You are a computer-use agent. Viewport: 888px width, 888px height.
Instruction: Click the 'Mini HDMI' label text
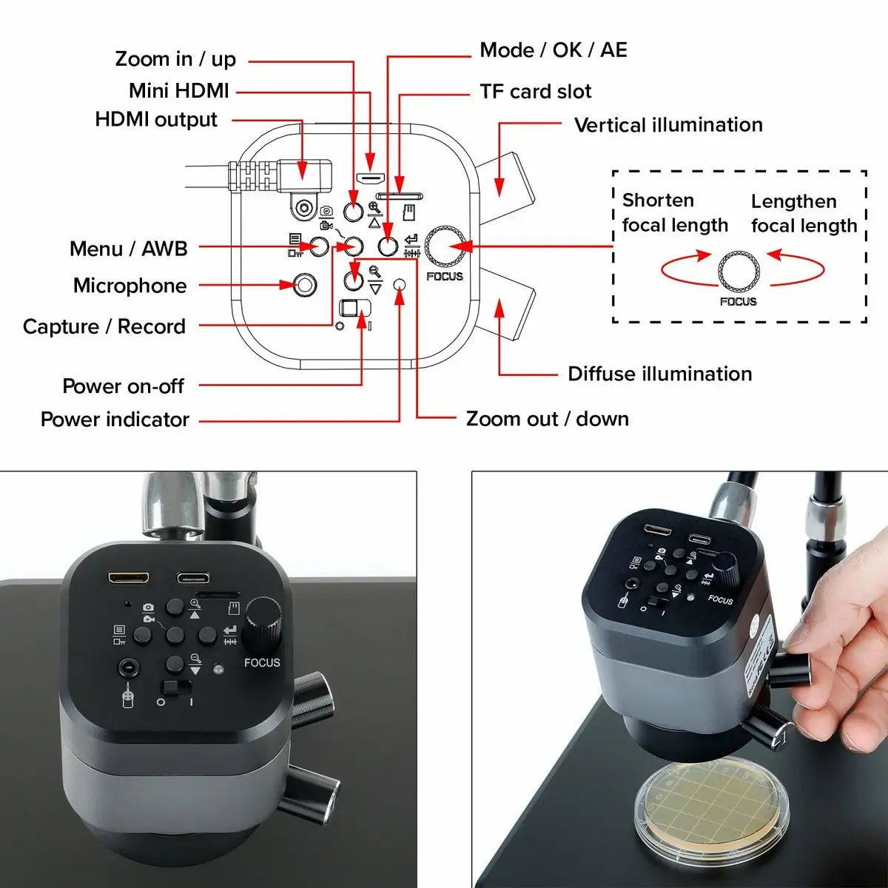pos(179,91)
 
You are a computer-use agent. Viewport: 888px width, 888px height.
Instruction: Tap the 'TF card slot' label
pos(535,92)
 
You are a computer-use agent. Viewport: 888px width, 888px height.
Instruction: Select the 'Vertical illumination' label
pos(668,125)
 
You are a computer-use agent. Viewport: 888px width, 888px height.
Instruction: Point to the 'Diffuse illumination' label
pos(659,374)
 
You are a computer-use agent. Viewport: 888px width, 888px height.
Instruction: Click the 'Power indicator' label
pos(115,420)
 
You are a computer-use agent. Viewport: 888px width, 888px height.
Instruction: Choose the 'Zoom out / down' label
pos(547,419)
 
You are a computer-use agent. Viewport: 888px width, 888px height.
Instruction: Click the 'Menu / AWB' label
pos(129,249)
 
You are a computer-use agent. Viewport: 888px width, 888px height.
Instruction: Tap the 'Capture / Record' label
pos(104,326)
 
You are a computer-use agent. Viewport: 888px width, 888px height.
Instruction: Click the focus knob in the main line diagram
pos(444,246)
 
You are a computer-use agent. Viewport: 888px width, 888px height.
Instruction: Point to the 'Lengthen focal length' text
pos(804,213)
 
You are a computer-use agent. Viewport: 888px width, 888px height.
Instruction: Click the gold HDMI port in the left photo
pos(129,577)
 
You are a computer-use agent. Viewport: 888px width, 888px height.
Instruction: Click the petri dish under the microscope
pos(711,807)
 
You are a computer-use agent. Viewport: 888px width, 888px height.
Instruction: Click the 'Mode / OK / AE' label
pos(553,50)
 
